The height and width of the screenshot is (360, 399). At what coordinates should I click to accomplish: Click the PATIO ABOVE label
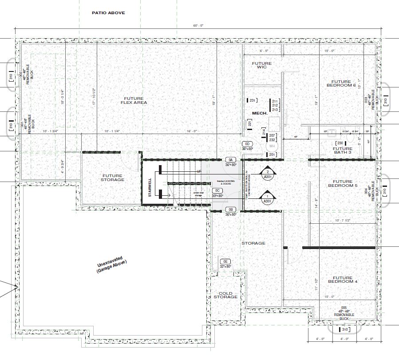108,13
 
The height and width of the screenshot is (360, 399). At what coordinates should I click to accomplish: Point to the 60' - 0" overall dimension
198,26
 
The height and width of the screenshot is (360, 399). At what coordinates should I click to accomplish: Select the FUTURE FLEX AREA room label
135,100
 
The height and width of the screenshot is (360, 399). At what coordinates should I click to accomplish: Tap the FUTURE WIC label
261,66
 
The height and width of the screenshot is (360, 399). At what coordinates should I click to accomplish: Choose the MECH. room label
259,113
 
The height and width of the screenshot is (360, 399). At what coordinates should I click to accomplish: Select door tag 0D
247,144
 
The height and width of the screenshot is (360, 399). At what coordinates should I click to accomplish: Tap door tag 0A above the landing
230,159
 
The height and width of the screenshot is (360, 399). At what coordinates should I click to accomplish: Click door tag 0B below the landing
230,209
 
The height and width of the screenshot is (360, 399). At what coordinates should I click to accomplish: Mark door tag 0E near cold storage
225,261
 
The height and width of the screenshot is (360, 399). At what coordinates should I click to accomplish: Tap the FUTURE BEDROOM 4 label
342,279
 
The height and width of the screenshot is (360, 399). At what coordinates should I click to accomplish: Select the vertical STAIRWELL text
150,188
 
